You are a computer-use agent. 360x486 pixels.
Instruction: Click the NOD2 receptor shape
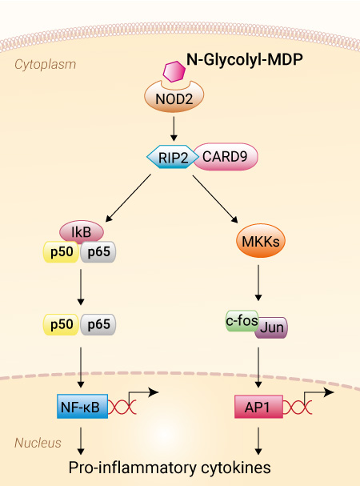pyautogui.click(x=174, y=98)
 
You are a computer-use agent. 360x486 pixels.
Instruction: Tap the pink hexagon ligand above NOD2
pyautogui.click(x=174, y=71)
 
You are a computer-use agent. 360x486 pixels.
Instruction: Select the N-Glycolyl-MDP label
pyautogui.click(x=245, y=59)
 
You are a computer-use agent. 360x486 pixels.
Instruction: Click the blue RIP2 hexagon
pyautogui.click(x=173, y=157)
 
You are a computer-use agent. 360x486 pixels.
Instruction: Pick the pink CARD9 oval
pyautogui.click(x=226, y=156)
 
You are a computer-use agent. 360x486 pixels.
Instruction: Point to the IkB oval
pyautogui.click(x=82, y=231)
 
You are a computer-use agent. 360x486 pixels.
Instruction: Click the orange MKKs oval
pyautogui.click(x=261, y=241)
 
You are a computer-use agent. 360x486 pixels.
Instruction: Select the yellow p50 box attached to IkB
pyautogui.click(x=61, y=251)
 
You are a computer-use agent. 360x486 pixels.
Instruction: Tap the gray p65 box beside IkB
pyautogui.click(x=98, y=251)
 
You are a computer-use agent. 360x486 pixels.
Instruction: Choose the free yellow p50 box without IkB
pyautogui.click(x=61, y=324)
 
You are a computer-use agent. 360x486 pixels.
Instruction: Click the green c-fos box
pyautogui.click(x=242, y=320)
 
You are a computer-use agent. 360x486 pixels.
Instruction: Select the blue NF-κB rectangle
pyautogui.click(x=82, y=407)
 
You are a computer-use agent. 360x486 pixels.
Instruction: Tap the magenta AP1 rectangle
pyautogui.click(x=258, y=407)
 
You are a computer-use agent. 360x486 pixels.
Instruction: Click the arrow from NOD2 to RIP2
pyautogui.click(x=174, y=129)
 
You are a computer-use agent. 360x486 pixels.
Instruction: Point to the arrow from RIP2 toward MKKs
pyautogui.click(x=215, y=199)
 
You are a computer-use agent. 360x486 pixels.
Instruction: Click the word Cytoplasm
pyautogui.click(x=46, y=65)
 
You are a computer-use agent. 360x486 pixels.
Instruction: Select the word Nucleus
pyautogui.click(x=38, y=443)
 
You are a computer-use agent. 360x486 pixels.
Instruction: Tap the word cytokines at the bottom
pyautogui.click(x=236, y=468)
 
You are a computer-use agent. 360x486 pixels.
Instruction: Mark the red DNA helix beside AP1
pyautogui.click(x=298, y=407)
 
